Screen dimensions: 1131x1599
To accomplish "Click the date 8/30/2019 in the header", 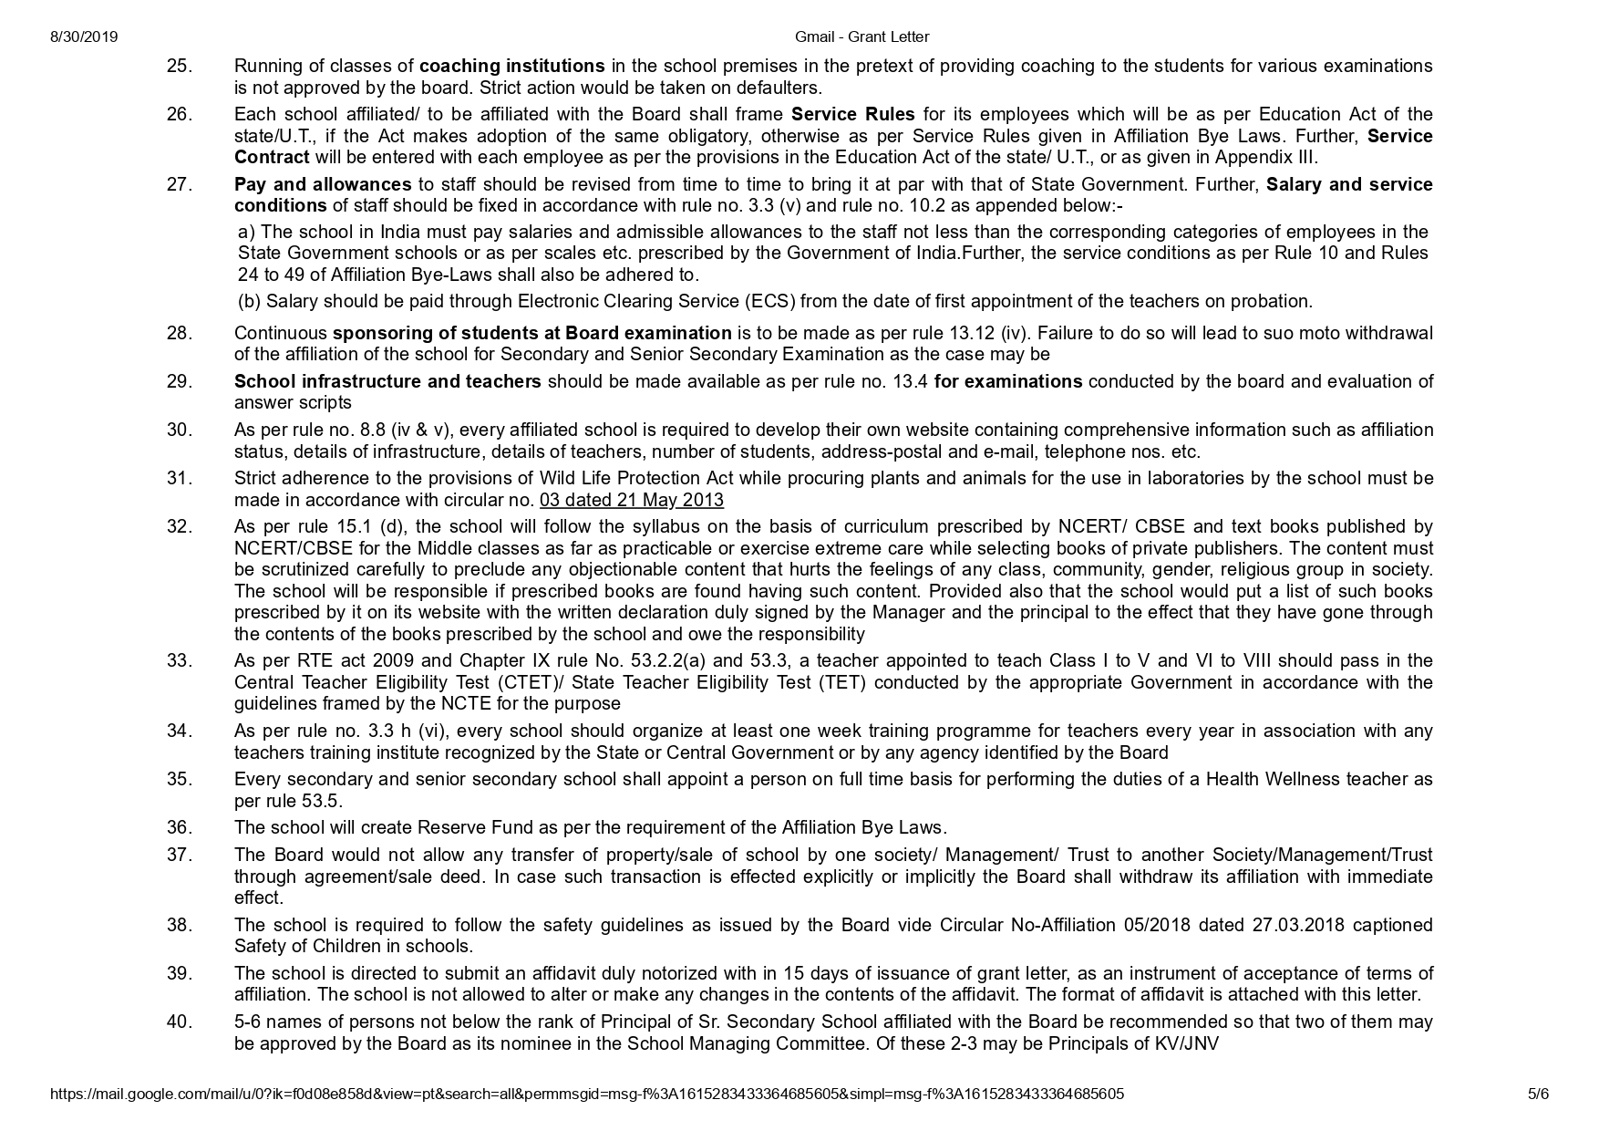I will click(84, 37).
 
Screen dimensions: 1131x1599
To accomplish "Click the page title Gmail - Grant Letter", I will click(861, 37).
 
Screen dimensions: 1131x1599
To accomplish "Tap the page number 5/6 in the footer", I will click(1538, 1094).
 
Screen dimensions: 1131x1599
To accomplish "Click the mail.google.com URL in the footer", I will click(587, 1094).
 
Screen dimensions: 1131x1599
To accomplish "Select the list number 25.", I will click(180, 66).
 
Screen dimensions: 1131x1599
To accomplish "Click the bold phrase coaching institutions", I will click(511, 66).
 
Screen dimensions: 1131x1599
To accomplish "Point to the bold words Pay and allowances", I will click(323, 184).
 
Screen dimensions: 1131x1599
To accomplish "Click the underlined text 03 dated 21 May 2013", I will click(632, 500).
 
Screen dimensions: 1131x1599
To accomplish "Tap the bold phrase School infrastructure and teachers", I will click(387, 381).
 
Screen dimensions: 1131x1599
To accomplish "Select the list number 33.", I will click(180, 660).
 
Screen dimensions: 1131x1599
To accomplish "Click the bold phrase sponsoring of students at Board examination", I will click(531, 333).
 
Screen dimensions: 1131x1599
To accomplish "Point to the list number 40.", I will click(180, 1022).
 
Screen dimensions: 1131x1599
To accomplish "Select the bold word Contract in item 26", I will click(272, 157).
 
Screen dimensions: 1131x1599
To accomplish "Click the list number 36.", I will click(180, 827).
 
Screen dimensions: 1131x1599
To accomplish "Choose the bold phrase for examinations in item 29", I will click(1008, 381).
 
